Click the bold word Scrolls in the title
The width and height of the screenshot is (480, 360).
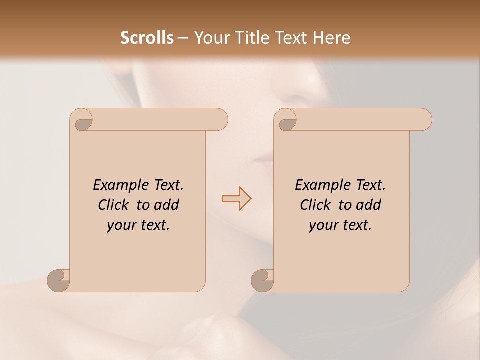point(147,38)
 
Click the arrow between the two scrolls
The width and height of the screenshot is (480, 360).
point(236,198)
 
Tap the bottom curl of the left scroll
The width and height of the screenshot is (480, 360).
point(58,280)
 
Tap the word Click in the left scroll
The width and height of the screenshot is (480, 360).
point(113,205)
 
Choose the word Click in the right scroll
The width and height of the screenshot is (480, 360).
point(315,205)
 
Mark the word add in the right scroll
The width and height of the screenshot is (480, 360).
point(368,205)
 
